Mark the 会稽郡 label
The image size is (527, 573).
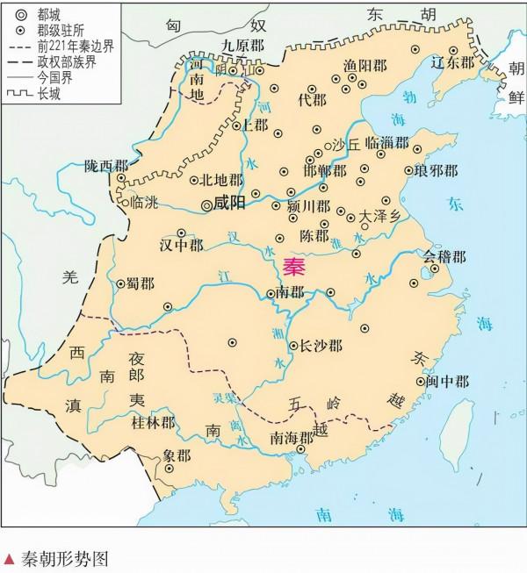point(444,256)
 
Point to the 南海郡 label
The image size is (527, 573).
point(292,437)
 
